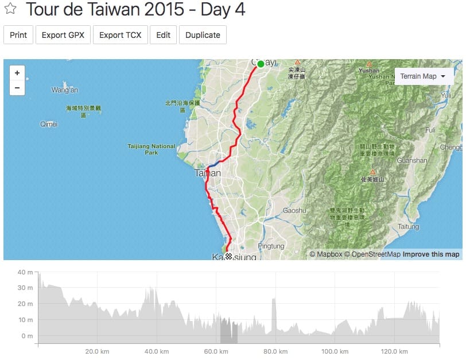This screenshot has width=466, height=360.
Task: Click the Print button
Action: (x=18, y=35)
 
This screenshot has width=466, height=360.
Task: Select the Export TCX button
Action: (x=120, y=35)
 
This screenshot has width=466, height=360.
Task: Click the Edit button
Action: (x=163, y=35)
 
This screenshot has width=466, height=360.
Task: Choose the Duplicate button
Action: (x=203, y=35)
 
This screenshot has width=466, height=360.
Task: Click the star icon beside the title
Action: (x=10, y=9)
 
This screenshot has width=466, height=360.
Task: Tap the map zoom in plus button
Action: (x=17, y=73)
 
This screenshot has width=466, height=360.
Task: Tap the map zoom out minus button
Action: (x=17, y=88)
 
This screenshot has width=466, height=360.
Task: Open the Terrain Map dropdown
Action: (x=422, y=76)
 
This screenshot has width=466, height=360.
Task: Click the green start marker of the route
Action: (x=261, y=64)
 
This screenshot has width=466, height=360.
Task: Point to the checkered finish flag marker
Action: (x=229, y=256)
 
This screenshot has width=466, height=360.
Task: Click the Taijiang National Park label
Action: (x=152, y=149)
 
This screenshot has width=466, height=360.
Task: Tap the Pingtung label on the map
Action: (x=271, y=246)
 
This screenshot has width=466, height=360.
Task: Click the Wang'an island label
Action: (x=65, y=90)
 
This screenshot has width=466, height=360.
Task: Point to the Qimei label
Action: (x=49, y=124)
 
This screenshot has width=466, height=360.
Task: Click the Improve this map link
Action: (x=430, y=254)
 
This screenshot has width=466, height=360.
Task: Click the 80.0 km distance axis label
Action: (x=275, y=351)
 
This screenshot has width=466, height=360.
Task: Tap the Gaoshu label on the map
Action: (x=294, y=211)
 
